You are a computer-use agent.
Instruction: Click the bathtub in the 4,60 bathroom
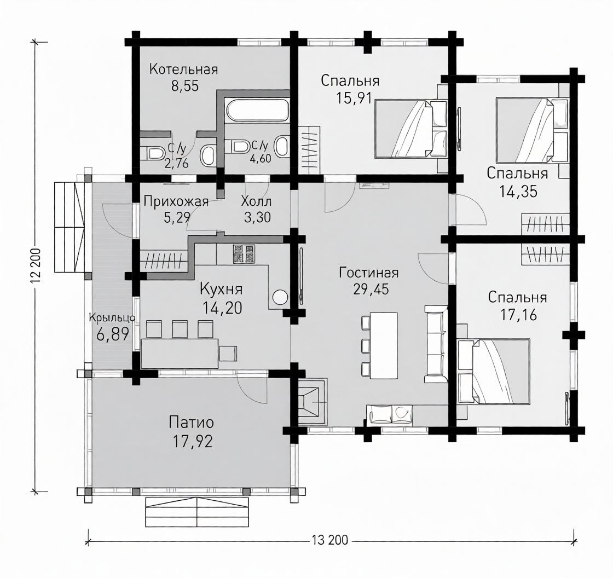point(258,110)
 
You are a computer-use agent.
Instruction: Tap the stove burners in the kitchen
point(244,253)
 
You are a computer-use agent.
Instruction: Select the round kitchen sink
point(280,297)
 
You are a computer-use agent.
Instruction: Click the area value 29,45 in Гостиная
point(371,290)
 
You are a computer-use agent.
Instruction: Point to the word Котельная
point(183,69)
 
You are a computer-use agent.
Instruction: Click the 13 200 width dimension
point(330,540)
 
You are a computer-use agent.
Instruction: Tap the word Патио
point(192,423)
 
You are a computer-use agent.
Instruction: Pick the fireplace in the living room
point(313,401)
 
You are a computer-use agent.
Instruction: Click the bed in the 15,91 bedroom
point(411,129)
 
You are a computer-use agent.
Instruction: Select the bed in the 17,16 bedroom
point(494,371)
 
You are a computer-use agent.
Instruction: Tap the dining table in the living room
point(384,346)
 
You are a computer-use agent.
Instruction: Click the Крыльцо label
point(112,317)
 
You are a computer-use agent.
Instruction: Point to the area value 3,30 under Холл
point(257,217)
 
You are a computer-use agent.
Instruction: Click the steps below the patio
point(198,512)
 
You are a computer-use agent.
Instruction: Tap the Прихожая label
point(176,202)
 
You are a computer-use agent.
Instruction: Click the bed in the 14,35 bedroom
point(531,130)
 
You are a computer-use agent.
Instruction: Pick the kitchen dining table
point(180,354)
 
